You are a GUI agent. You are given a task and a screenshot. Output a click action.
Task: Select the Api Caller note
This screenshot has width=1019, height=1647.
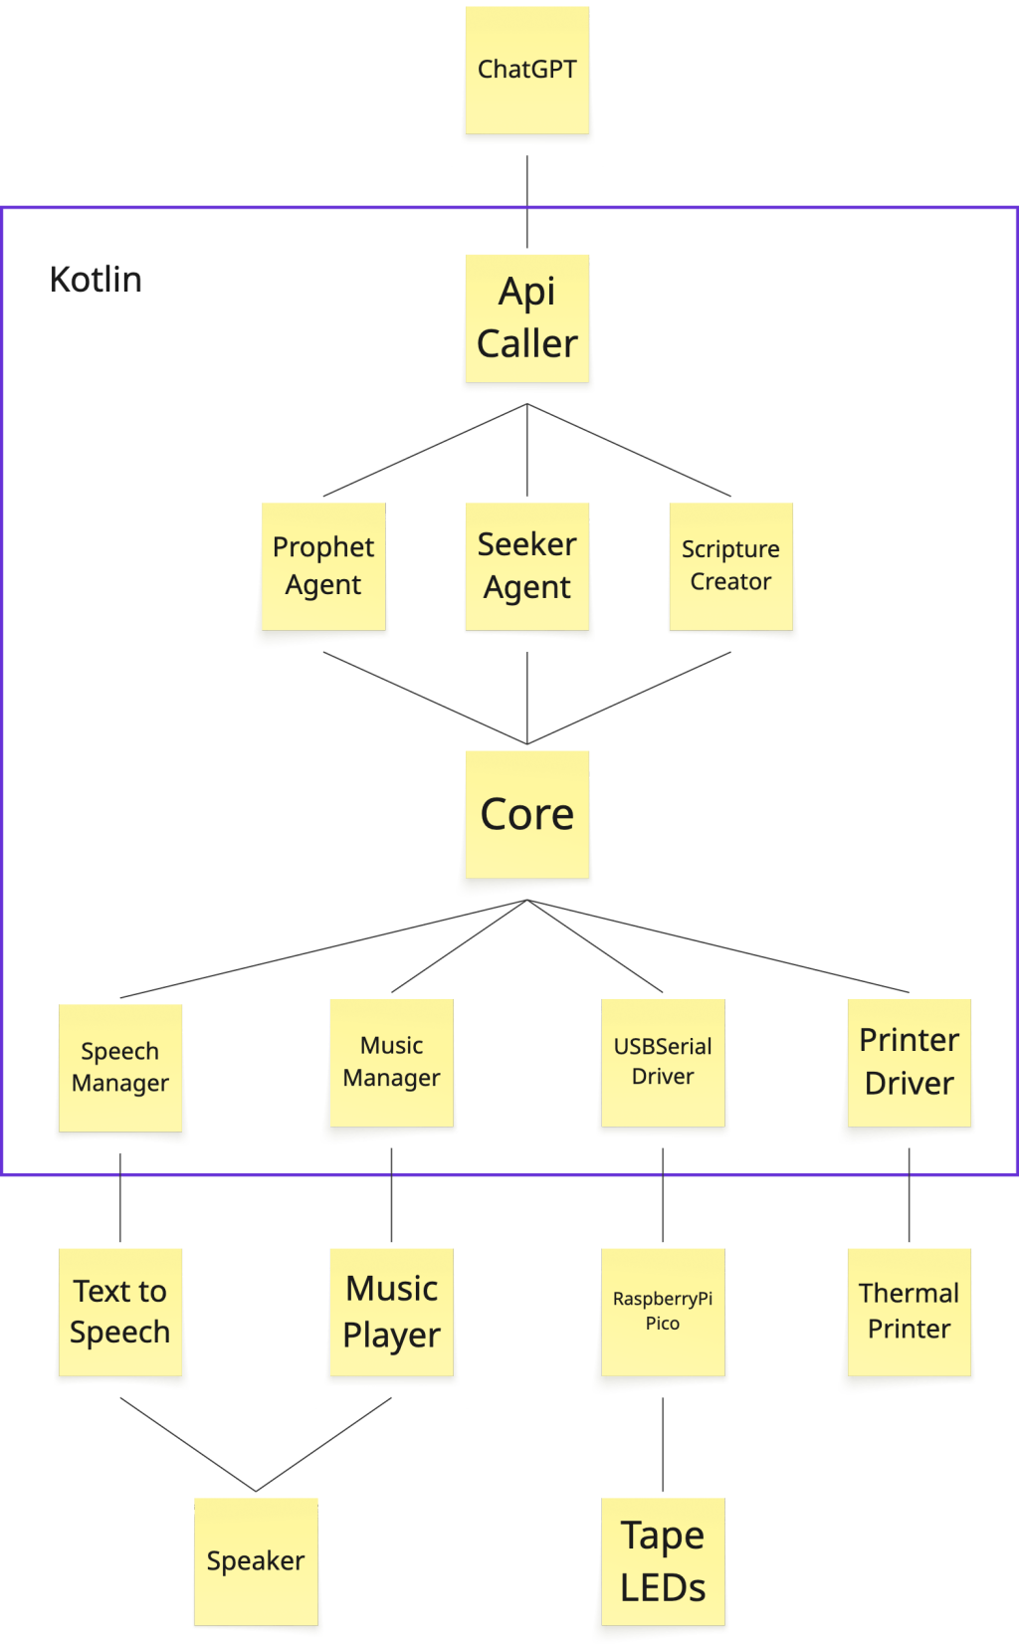point(526,319)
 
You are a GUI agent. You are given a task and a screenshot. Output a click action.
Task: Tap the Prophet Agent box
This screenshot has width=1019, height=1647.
point(323,568)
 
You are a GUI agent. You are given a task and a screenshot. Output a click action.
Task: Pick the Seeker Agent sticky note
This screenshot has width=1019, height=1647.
point(527,567)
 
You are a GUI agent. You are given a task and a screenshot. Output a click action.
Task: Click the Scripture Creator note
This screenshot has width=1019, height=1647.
point(731,567)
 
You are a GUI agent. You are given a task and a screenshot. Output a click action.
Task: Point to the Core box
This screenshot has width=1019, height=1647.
point(526,817)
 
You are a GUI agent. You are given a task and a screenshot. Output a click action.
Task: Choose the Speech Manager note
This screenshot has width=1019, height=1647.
point(120,1068)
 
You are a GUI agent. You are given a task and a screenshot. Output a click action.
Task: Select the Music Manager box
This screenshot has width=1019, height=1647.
point(391,1065)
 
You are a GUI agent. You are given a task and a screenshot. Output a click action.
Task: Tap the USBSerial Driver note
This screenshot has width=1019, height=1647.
point(663,1064)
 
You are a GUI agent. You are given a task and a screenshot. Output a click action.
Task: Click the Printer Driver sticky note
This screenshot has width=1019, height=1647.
point(909,1064)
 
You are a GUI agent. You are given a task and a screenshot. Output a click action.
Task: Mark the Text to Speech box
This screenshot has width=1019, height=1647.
point(120,1313)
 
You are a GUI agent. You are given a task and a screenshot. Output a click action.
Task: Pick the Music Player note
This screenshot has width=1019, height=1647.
point(391,1313)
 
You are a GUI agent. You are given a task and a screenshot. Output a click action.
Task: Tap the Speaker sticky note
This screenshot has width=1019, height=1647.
point(256,1562)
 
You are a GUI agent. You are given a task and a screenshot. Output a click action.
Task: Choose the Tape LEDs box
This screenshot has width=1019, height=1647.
point(663,1563)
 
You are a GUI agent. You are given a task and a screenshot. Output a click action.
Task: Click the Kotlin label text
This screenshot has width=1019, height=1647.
point(96,280)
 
